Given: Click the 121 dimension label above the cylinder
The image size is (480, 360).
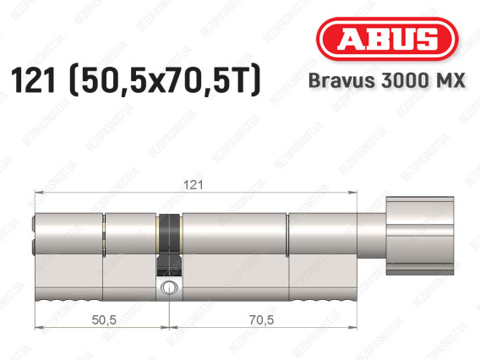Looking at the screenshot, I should click(196, 183).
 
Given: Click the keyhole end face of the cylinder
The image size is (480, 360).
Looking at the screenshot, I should click(35, 237).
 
